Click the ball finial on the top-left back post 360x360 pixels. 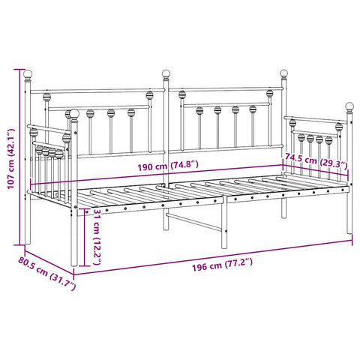pos(28,75)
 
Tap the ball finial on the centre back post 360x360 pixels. pos(166,74)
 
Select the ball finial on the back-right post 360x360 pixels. pos(284,73)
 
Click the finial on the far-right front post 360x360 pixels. pos(349,106)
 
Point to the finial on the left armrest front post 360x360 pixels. pos(73,115)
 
